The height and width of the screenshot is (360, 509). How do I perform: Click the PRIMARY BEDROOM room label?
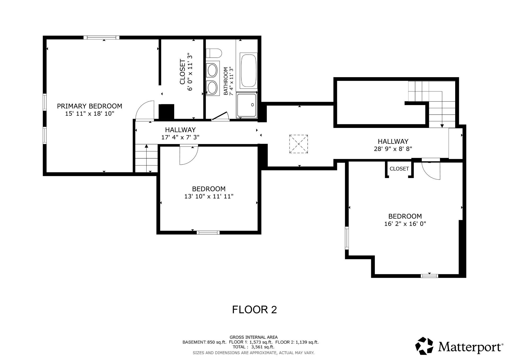(89, 106)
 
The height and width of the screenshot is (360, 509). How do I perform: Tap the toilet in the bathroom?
(214, 53)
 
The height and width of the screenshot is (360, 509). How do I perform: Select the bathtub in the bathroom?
(248, 70)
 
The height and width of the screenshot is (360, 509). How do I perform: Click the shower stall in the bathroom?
(247, 105)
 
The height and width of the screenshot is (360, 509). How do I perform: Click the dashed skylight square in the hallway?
(299, 144)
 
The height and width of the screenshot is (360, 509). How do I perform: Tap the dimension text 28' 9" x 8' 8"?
(393, 149)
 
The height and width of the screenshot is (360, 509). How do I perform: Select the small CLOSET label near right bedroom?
(399, 169)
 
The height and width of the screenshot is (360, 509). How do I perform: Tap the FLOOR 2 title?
(254, 310)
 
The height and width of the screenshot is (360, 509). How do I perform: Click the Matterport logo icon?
(424, 346)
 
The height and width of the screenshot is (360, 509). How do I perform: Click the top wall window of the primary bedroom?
(101, 38)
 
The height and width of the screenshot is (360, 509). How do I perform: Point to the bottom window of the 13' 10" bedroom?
(208, 233)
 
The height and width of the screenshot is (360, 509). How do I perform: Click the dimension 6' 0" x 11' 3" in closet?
(190, 72)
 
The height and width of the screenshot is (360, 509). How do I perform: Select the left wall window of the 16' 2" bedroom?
(347, 238)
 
